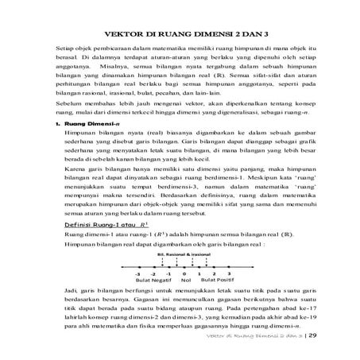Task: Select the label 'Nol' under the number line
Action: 186,281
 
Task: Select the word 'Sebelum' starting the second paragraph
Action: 60,105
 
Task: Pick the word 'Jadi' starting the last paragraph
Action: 70,293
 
